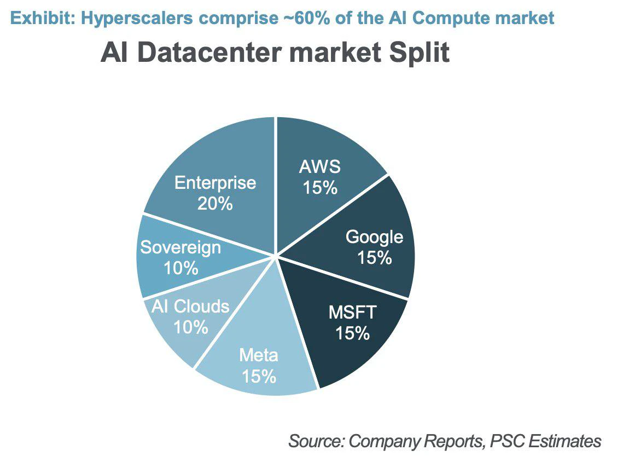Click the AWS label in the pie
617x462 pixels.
[x=319, y=166]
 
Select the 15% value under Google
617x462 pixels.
[x=374, y=258]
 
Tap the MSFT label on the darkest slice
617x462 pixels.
[x=353, y=313]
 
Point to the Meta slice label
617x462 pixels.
[x=259, y=355]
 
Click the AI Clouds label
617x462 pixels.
[x=190, y=306]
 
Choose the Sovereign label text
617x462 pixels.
[x=181, y=248]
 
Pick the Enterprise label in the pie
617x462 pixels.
[x=216, y=183]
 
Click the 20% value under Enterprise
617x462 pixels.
[x=216, y=204]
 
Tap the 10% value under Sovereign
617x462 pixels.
[x=181, y=268]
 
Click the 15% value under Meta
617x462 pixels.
[x=259, y=376]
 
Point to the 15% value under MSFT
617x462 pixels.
[x=353, y=333]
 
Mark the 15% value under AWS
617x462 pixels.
[x=320, y=187]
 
